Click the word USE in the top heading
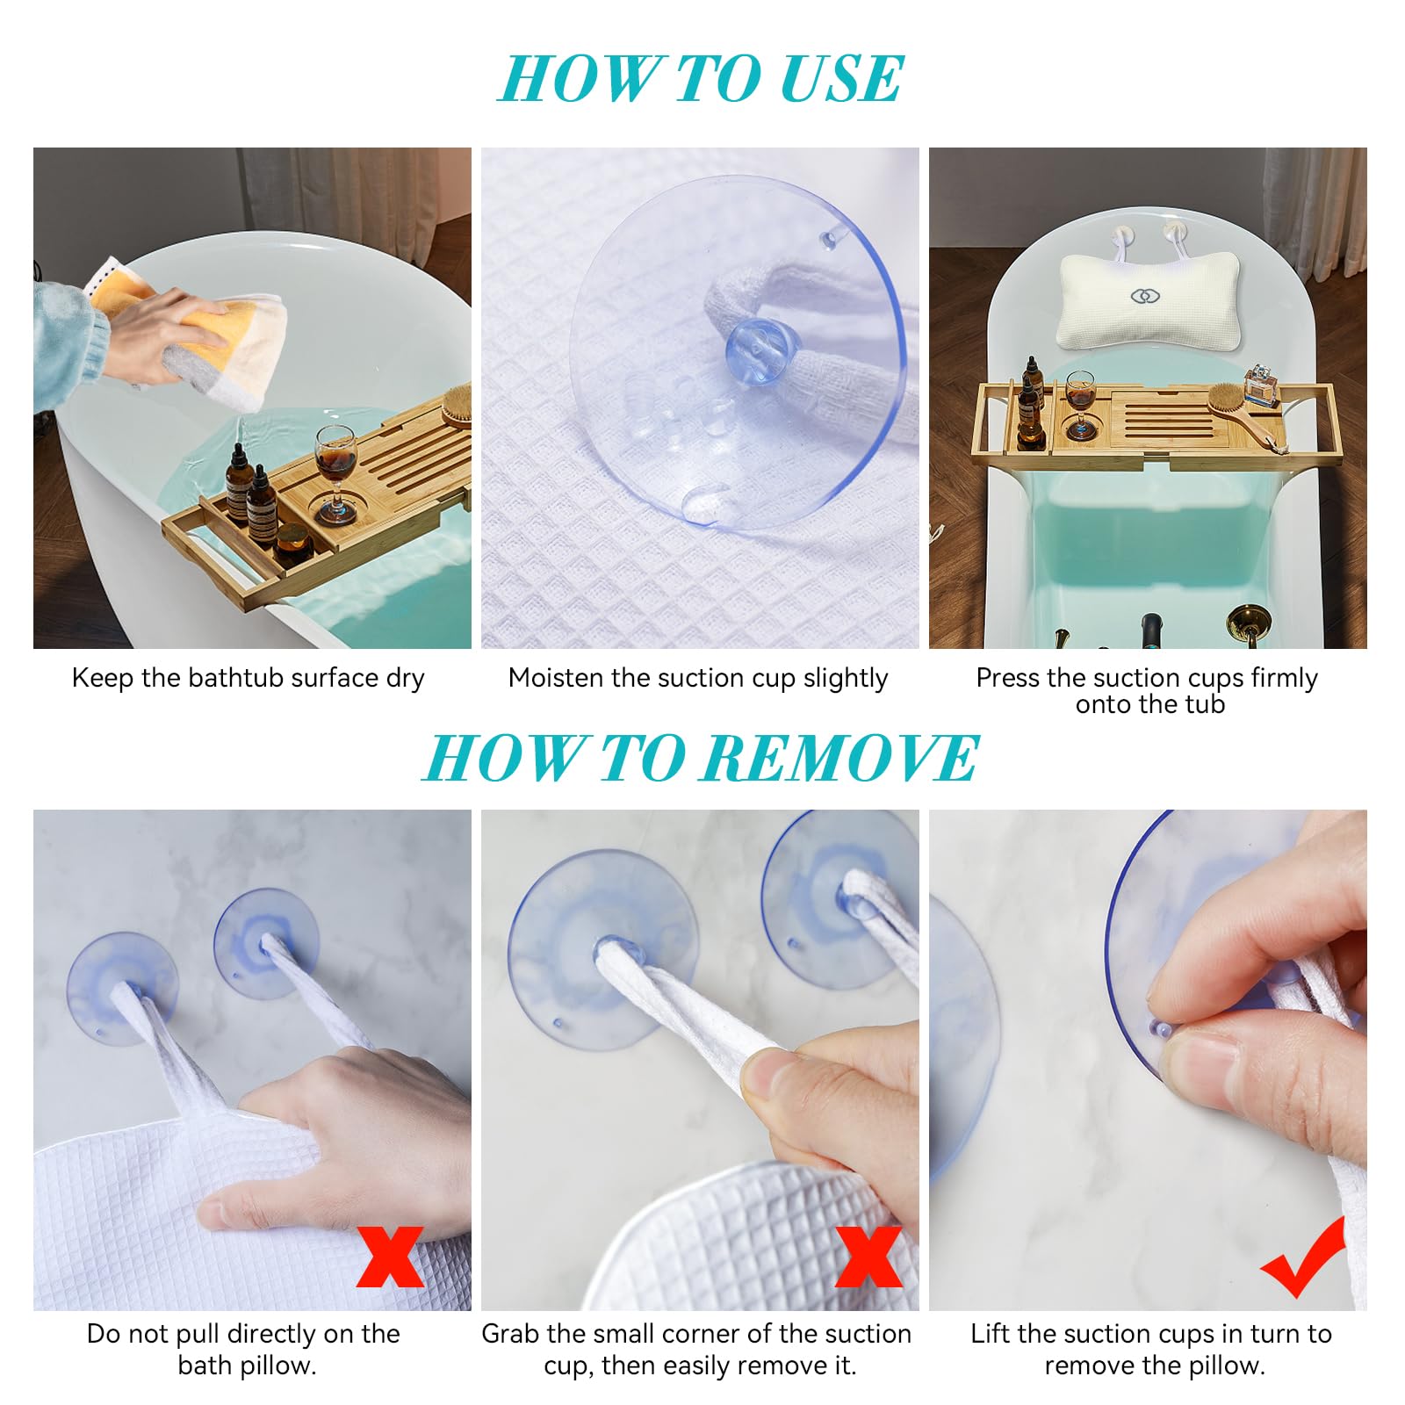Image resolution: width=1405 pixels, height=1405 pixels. click(x=840, y=79)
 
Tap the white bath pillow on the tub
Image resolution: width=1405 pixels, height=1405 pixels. click(x=1149, y=300)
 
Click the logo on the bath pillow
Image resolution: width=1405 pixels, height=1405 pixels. click(x=1144, y=297)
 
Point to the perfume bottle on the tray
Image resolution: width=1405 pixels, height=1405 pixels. click(x=1261, y=385)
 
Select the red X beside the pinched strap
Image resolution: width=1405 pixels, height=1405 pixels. click(x=868, y=1257)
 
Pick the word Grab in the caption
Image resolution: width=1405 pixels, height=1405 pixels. click(x=509, y=1334)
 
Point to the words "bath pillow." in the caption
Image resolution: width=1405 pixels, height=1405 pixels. click(x=247, y=1366)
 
